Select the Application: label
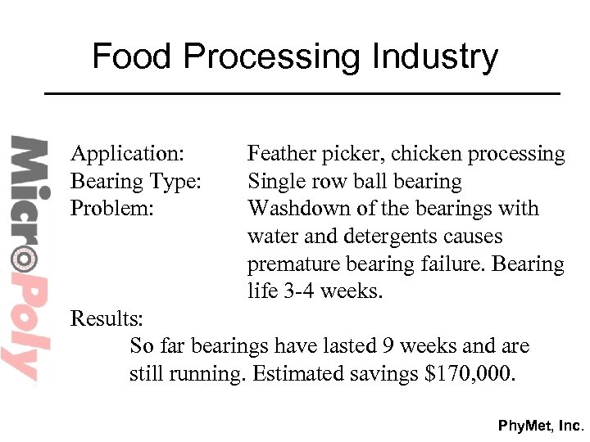pos(127,153)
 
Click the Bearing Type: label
pos(136,181)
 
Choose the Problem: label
pos(111,208)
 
